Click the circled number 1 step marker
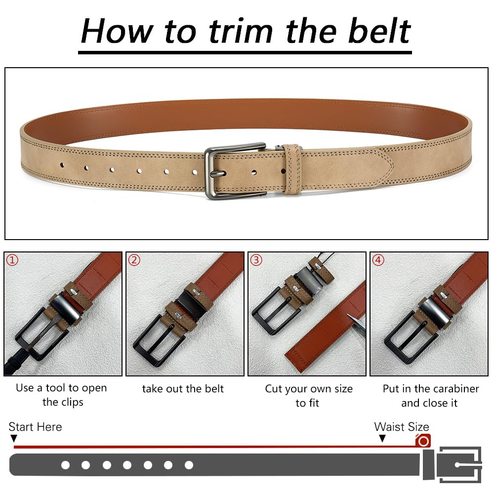tap(12, 260)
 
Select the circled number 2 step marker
tap(134, 260)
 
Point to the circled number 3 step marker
tap(256, 260)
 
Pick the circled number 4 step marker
tap(378, 260)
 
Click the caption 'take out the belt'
tap(183, 388)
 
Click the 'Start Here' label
tap(35, 427)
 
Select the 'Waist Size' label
tap(402, 427)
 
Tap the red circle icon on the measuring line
tap(423, 441)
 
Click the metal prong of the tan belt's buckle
tap(218, 173)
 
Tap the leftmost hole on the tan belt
tap(62, 165)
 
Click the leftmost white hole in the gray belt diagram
tap(66, 465)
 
